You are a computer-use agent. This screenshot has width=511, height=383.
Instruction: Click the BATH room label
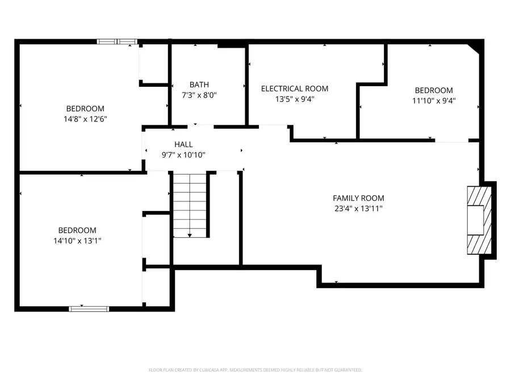click(199, 85)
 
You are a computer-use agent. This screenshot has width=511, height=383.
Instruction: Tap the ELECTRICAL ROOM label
click(295, 89)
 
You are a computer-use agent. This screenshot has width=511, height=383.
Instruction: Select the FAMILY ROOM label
click(358, 198)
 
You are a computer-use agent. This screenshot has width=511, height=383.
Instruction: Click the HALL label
click(183, 144)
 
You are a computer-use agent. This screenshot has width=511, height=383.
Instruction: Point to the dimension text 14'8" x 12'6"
click(85, 119)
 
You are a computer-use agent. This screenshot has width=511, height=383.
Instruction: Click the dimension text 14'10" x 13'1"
click(77, 241)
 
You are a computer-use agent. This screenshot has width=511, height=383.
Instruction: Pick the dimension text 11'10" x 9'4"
click(434, 100)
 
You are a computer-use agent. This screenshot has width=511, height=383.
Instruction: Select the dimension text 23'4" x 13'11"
click(358, 208)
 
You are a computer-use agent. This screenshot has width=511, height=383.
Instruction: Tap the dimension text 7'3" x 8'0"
click(199, 95)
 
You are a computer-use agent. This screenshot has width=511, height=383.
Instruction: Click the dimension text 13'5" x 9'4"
click(295, 99)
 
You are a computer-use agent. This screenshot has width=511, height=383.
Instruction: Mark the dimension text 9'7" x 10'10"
click(183, 155)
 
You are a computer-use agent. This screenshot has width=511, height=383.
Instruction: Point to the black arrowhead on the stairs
click(190, 235)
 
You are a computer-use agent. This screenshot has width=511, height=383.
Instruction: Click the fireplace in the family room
click(479, 220)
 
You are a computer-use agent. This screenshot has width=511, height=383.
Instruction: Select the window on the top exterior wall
click(117, 41)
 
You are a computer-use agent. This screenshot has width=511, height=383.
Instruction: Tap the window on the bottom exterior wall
click(89, 309)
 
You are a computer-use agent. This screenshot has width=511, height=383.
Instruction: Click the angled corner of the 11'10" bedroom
click(474, 49)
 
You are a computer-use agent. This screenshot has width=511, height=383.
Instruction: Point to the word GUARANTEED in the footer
click(349, 370)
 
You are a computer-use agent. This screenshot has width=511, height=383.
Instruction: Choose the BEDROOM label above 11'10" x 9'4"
click(434, 90)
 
